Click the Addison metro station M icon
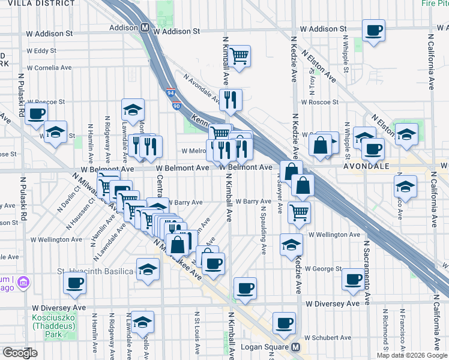pos(145,28)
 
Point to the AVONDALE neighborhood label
pos(367,166)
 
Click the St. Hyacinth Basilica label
pos(95,272)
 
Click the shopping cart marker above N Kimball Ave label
pos(239,56)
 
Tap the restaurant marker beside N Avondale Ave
pos(231,100)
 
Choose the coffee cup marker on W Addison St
pos(373,30)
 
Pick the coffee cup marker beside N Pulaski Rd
pos(36,112)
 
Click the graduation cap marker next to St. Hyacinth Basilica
pos(147,269)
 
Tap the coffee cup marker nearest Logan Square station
pos(283,323)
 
